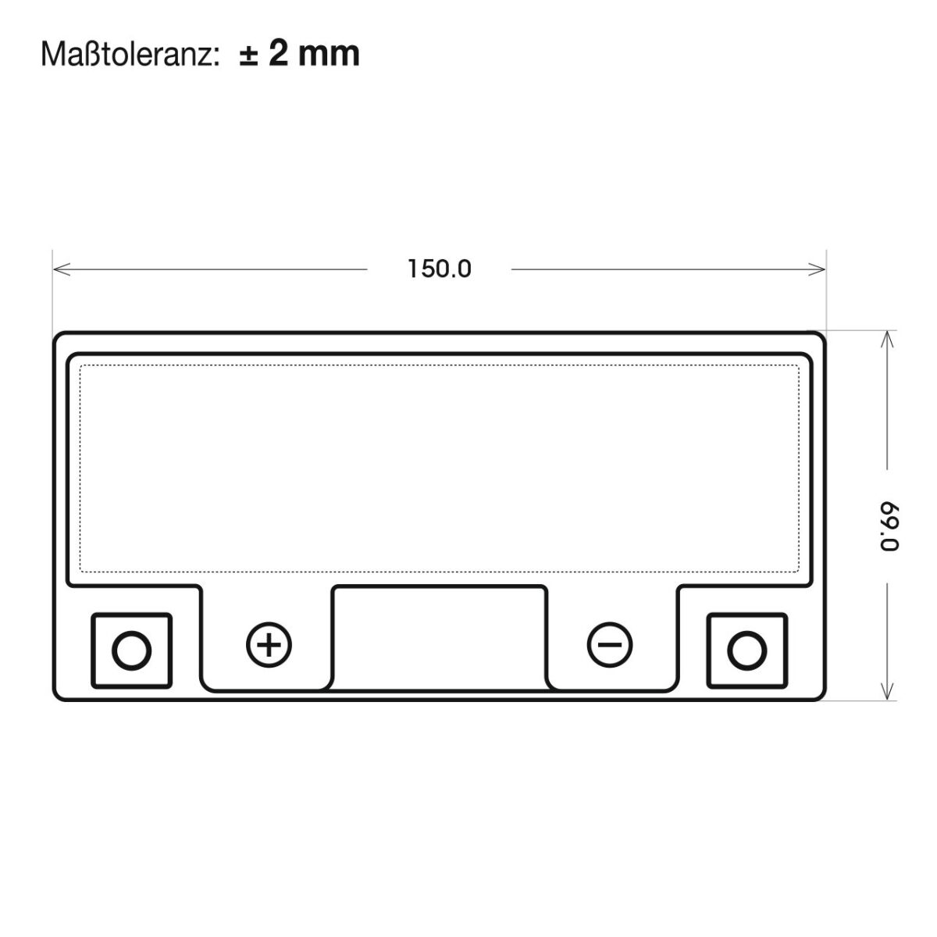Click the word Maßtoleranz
coord(126,54)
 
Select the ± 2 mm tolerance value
coord(300,54)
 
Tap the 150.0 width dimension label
coord(439,269)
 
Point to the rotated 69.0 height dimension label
coord(889,526)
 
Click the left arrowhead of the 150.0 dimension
coord(61,269)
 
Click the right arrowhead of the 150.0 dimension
coord(817,269)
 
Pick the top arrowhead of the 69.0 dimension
coord(887,340)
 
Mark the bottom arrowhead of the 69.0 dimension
coord(887,691)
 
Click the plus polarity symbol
coord(269,645)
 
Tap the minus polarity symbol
coord(610,645)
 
